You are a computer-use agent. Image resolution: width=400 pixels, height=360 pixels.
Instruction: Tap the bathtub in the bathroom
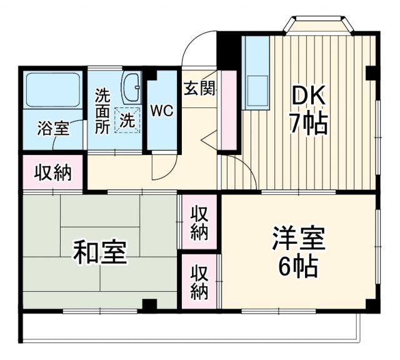click(x=52, y=91)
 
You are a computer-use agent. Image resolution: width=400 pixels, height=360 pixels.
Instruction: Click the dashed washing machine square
click(x=127, y=120)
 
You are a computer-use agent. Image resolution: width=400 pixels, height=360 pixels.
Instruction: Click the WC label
click(x=161, y=112)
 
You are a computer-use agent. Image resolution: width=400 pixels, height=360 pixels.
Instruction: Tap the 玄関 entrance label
click(x=199, y=89)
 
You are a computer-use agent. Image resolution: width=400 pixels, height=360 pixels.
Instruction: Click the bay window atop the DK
click(x=317, y=26)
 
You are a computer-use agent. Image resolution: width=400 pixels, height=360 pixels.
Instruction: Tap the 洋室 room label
click(x=298, y=239)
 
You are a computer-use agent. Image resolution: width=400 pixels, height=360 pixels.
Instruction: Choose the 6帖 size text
click(x=297, y=267)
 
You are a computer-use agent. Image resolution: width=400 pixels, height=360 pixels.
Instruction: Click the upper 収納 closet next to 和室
click(x=199, y=222)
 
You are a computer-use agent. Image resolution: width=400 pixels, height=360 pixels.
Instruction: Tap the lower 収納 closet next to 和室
click(x=199, y=282)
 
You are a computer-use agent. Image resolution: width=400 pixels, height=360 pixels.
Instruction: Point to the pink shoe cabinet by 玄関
click(x=227, y=109)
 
